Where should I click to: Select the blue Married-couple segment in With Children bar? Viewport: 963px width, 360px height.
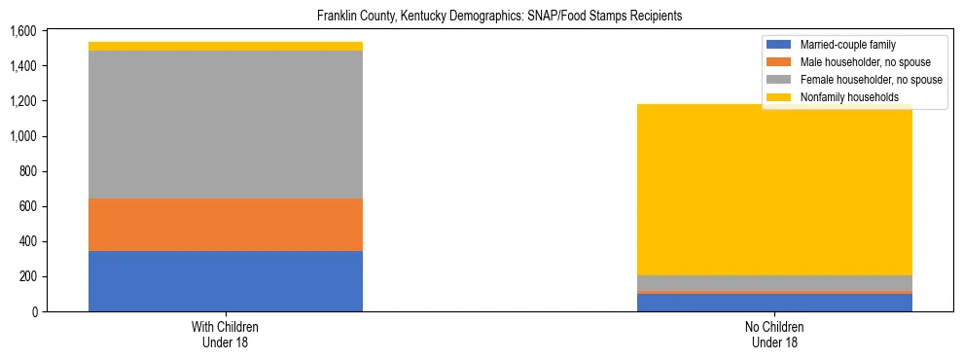(226, 281)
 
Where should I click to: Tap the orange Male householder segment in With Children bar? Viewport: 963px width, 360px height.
(226, 225)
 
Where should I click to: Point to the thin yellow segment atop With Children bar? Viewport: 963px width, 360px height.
(226, 46)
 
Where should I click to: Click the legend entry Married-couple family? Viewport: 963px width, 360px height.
(846, 45)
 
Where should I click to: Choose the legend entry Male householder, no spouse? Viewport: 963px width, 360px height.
(858, 62)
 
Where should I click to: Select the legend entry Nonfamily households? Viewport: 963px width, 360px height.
(842, 97)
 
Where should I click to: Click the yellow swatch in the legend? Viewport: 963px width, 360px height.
(778, 97)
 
